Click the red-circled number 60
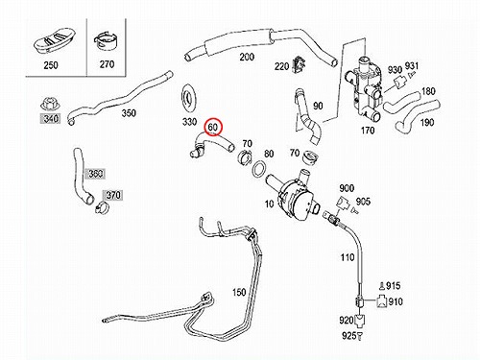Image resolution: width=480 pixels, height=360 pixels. pyautogui.click(x=213, y=127)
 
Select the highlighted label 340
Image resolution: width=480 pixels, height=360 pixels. pyautogui.click(x=51, y=119)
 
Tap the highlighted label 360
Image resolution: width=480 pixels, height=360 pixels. pyautogui.click(x=95, y=174)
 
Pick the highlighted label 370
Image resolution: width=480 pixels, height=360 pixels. pyautogui.click(x=113, y=195)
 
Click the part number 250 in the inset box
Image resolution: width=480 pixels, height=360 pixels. pyautogui.click(x=51, y=65)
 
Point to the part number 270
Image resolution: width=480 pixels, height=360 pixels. pyautogui.click(x=107, y=64)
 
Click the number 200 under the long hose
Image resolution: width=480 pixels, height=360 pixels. pyautogui.click(x=247, y=57)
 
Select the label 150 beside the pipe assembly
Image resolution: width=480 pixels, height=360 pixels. pyautogui.click(x=239, y=292)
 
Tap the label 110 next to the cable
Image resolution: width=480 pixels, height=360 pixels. pyautogui.click(x=348, y=257)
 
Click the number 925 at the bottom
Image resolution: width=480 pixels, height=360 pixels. pyautogui.click(x=349, y=336)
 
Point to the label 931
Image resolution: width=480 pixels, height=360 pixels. pyautogui.click(x=412, y=65)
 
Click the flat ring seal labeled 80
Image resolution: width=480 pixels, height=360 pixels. pyautogui.click(x=259, y=169)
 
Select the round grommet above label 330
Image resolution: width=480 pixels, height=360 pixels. pyautogui.click(x=189, y=99)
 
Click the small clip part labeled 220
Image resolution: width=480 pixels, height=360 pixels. pyautogui.click(x=299, y=64)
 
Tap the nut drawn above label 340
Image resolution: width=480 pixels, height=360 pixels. pyautogui.click(x=49, y=104)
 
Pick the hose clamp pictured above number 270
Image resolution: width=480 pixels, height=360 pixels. pyautogui.click(x=106, y=42)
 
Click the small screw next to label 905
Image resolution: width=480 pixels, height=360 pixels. pyautogui.click(x=353, y=210)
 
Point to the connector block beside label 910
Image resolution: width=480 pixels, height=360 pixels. pyautogui.click(x=381, y=301)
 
